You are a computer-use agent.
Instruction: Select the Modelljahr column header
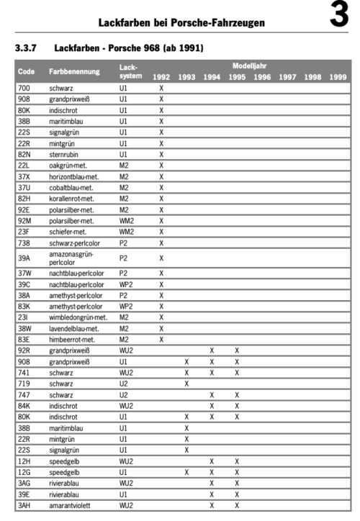249,65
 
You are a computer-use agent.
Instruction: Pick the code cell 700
24,88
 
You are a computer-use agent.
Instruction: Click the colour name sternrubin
66,155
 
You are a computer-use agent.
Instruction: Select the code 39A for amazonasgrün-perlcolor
24,258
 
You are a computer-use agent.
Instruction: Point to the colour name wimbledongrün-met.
78,317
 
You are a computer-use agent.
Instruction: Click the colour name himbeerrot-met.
72,339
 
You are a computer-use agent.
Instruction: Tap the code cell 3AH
25,506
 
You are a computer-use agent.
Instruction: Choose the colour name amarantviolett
71,506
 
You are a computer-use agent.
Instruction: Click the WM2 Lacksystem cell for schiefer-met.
126,232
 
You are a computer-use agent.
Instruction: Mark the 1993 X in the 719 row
186,384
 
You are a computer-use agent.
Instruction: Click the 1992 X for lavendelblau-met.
161,328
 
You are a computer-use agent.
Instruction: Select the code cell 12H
24,461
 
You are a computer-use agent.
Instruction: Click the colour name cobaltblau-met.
71,188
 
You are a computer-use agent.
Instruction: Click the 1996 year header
261,77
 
